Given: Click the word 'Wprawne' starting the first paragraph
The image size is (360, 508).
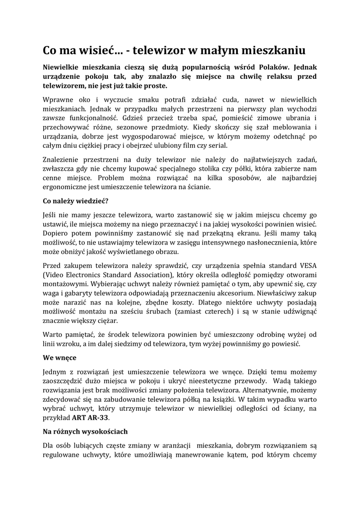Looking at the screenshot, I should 58,99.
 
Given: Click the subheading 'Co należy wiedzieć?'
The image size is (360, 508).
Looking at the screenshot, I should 75,201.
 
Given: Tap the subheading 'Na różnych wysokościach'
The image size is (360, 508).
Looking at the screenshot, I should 85,431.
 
